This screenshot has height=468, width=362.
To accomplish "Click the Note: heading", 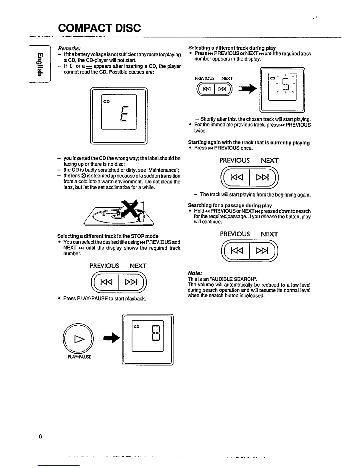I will (x=195, y=273).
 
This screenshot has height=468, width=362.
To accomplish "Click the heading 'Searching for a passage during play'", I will (x=230, y=205).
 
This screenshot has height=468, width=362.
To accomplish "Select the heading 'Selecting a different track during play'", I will (x=232, y=48).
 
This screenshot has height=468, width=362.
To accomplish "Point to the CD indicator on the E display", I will (x=106, y=101).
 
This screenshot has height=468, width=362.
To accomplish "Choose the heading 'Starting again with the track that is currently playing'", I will (x=249, y=143).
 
